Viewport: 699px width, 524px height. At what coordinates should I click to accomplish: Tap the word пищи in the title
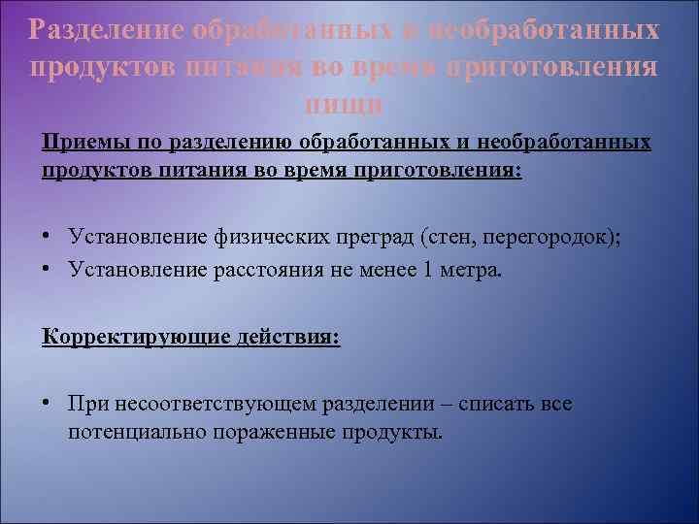point(344,103)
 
